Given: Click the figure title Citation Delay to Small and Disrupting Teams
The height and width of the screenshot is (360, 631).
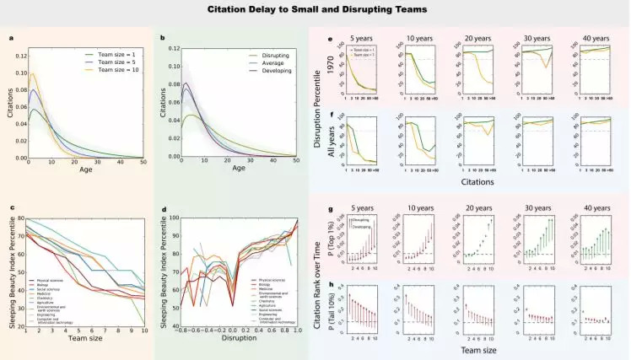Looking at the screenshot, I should point(315,11).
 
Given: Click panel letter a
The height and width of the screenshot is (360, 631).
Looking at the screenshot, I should point(11,37).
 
